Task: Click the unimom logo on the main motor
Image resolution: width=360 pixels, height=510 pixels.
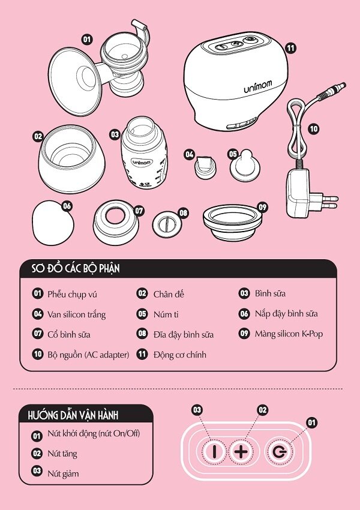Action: click(258, 87)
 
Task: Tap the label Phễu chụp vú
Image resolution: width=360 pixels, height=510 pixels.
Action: click(72, 294)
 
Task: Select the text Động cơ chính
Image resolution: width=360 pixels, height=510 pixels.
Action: click(179, 355)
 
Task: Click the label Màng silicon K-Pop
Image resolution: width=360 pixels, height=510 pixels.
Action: click(288, 334)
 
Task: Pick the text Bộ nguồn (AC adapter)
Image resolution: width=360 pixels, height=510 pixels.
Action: click(88, 355)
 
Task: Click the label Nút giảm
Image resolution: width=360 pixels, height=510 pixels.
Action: click(63, 473)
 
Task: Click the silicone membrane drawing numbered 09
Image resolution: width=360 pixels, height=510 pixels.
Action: click(235, 221)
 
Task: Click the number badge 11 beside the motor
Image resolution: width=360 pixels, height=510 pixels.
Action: click(290, 49)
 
